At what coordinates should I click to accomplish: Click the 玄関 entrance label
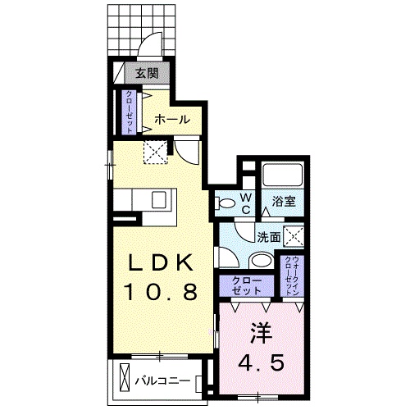pos(148,73)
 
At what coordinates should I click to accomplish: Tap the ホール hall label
pos(172,120)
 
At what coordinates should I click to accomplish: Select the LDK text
pos(160,263)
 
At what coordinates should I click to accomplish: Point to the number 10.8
pos(161,291)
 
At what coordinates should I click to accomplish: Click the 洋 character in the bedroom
pos(262,333)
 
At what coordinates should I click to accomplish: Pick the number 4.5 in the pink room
pos(261,362)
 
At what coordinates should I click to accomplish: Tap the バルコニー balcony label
pos(163,381)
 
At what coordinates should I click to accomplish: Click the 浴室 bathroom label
pos(284,202)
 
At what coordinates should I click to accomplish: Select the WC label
pos(246,203)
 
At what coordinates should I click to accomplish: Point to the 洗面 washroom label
pos(269,238)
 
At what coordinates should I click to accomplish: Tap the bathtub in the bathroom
pos(283,175)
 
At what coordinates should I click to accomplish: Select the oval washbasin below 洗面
pos(262,260)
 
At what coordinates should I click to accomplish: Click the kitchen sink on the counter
pos(159,199)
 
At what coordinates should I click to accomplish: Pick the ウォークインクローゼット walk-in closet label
pos(291,276)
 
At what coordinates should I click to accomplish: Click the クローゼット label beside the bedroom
pos(246,285)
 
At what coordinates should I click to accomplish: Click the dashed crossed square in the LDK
pos(155,152)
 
